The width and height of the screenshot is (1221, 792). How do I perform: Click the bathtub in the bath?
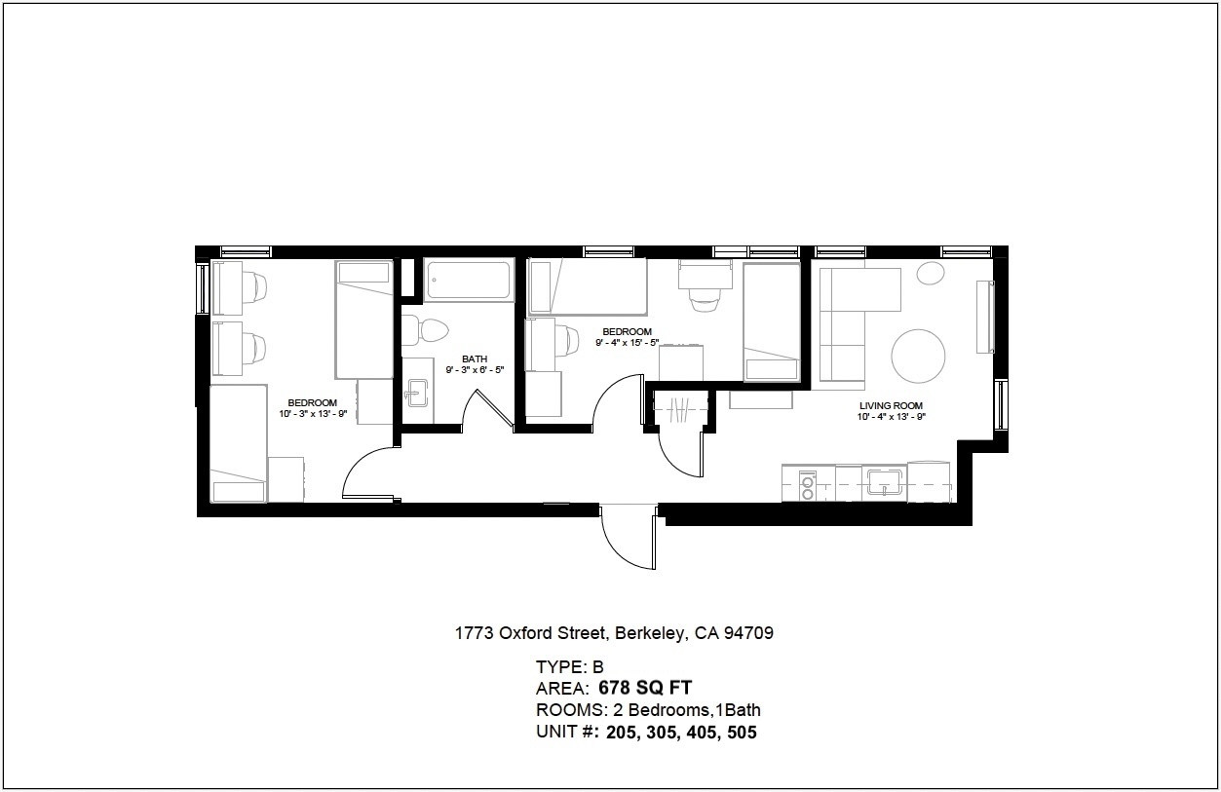click(x=470, y=281)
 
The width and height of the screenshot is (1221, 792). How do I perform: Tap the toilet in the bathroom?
click(x=426, y=331)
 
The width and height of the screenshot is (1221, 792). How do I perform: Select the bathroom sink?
click(x=419, y=395)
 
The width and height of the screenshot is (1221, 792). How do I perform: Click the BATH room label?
click(x=475, y=358)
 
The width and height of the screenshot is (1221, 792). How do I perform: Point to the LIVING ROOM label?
click(x=891, y=406)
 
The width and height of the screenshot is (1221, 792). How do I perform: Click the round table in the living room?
click(x=918, y=356)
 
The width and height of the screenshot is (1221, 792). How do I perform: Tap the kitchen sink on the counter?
click(x=887, y=481)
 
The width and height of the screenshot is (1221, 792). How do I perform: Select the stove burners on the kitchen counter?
click(x=807, y=484)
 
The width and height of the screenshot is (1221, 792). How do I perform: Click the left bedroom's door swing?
click(x=368, y=475)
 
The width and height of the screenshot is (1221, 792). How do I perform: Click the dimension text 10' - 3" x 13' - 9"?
click(x=312, y=415)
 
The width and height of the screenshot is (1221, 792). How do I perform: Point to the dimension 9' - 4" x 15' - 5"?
click(x=628, y=343)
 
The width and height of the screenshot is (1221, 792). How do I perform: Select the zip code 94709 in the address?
click(x=747, y=633)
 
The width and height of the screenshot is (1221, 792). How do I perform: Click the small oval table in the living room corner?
click(x=931, y=273)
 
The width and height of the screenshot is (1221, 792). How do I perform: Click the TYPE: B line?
click(x=570, y=667)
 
